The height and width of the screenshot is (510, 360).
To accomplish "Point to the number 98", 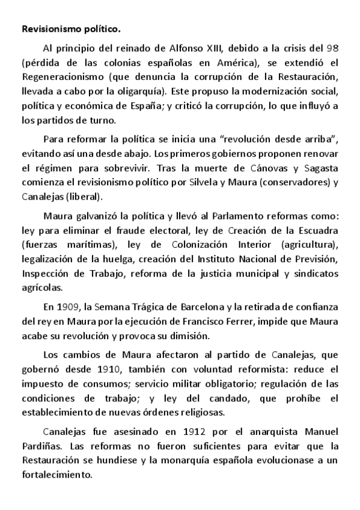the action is pyautogui.click(x=332, y=48).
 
